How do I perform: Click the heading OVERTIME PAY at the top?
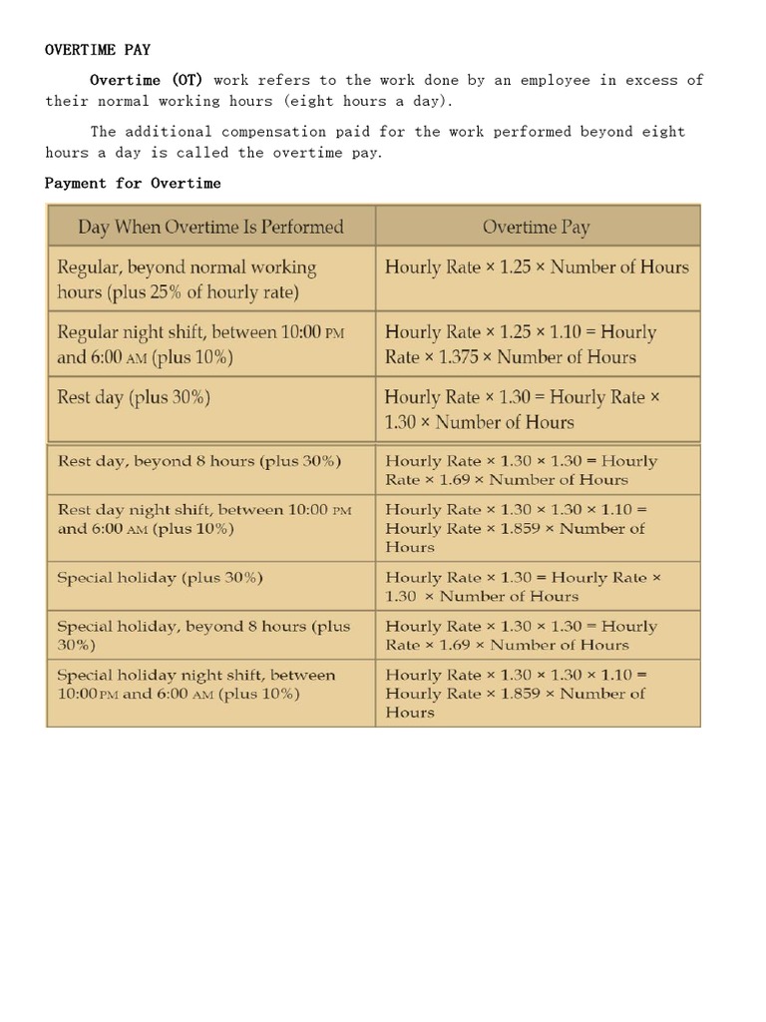(98, 48)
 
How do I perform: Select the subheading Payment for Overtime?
(133, 183)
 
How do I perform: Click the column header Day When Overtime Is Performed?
(210, 227)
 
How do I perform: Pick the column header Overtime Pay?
(536, 227)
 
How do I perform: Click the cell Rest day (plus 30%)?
(134, 397)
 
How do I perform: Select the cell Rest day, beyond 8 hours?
(199, 461)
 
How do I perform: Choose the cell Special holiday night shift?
(195, 684)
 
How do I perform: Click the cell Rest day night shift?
(204, 519)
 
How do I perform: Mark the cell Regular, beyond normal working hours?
(187, 279)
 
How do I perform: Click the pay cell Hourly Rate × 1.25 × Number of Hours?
(537, 267)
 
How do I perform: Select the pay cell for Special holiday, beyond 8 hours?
(521, 636)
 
